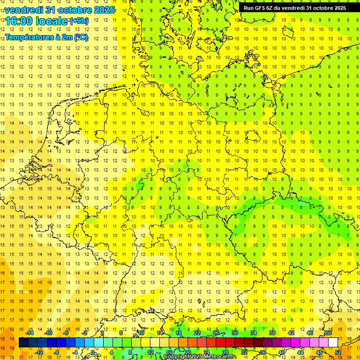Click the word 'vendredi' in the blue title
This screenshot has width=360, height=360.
point(23,10)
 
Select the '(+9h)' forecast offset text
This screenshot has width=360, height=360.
point(78,21)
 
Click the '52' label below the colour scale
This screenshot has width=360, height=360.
point(338,352)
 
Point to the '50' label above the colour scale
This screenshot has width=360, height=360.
point(329,333)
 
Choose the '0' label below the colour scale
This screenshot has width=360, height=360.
point(93,352)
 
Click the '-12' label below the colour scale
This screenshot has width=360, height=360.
point(39,352)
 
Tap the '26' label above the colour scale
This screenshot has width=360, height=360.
point(216,333)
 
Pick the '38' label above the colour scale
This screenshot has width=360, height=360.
point(272,333)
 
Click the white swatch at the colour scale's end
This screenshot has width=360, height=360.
point(333,343)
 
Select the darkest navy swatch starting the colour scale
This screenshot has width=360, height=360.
point(23,343)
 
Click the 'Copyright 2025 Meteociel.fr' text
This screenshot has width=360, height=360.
point(200,357)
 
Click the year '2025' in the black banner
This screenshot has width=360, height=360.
point(337,7)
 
